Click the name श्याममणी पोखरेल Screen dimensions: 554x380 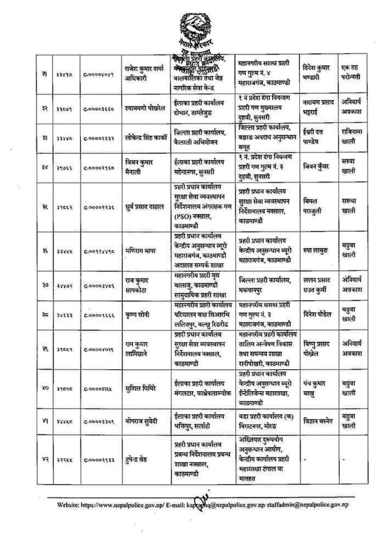(x=145, y=109)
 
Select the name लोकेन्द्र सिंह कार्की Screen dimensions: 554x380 (x=148, y=137)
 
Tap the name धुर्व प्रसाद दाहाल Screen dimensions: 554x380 (x=145, y=206)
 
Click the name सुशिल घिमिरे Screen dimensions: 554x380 (x=140, y=388)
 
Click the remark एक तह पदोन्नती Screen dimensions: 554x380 (x=350, y=72)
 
